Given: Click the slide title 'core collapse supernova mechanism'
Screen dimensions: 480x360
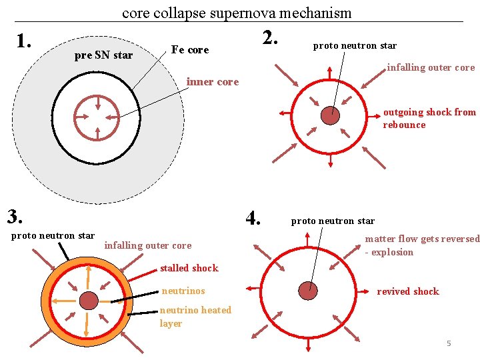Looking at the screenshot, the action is [237, 13].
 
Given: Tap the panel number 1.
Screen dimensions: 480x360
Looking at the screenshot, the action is [24, 41].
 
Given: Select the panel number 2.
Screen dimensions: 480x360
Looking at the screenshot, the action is [270, 38].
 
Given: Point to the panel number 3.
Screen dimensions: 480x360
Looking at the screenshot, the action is [15, 217].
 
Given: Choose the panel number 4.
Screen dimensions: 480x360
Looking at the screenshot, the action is [253, 218].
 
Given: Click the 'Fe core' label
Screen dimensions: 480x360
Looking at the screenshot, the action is [190, 49].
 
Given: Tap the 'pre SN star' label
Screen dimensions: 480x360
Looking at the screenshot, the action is [103, 55].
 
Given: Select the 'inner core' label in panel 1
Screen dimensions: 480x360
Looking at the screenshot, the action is [213, 82].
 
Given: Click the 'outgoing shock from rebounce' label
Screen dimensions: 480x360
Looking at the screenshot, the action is [429, 119].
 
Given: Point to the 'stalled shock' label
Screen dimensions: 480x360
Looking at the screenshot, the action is [189, 268].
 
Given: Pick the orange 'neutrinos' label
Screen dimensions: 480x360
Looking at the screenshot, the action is [183, 291].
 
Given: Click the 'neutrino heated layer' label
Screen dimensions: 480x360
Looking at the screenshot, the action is [195, 317].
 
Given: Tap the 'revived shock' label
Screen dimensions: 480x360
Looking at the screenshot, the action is [408, 291].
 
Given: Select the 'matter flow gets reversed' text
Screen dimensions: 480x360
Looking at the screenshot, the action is [423, 239].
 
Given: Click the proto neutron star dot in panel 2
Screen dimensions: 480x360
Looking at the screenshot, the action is [330, 115].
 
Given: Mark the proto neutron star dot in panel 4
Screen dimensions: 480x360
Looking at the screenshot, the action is [308, 291].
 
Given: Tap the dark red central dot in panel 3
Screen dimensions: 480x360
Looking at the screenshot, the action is [89, 301].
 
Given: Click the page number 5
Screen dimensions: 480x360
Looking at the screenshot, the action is [449, 343].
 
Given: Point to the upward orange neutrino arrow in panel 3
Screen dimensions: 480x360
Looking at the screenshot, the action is [88, 278].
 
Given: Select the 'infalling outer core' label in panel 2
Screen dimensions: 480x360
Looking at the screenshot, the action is [431, 67].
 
